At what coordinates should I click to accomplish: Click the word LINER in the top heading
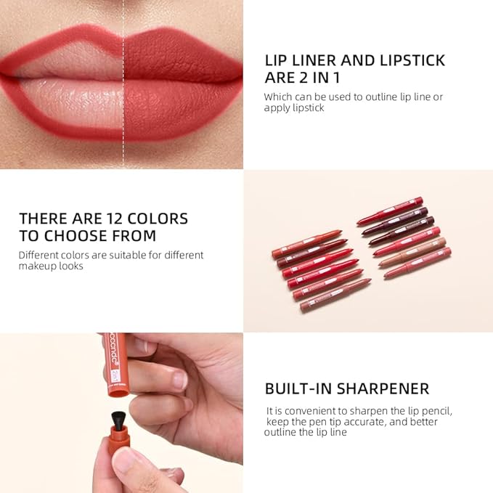coord(313,60)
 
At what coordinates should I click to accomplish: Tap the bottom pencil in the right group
coord(417,263)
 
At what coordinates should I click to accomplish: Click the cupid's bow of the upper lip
coord(123,37)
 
